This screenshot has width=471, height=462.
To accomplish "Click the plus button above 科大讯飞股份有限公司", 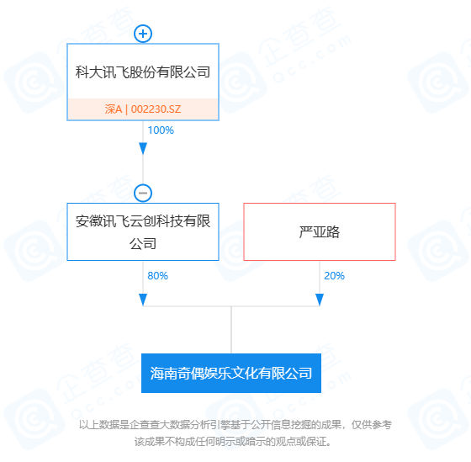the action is (143, 34).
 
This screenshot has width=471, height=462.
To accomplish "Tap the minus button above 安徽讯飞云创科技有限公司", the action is (143, 193).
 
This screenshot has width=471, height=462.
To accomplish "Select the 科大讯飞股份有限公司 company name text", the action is (143, 72).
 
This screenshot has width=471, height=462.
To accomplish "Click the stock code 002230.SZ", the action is (156, 109).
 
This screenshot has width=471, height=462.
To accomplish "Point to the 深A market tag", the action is (114, 109).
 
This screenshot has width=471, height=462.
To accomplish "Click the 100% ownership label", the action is (161, 130).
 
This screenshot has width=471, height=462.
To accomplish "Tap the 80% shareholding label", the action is (158, 276).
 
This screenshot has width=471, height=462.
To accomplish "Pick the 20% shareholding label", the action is (335, 276).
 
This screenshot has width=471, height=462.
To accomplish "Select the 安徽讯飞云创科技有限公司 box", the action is (143, 231).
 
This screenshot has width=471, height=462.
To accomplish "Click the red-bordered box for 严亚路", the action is (320, 231).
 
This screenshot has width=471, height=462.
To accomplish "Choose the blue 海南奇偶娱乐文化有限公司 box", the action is (231, 373).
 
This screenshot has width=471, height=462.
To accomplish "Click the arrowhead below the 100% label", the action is (143, 149).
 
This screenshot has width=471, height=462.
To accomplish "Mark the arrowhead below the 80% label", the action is (143, 300).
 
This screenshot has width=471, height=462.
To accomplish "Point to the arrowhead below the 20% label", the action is (320, 300).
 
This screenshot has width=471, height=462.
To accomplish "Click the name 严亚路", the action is (320, 232).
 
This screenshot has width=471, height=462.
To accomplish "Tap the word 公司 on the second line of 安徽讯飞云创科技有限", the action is (143, 243).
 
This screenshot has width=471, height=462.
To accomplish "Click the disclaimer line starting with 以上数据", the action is (235, 425).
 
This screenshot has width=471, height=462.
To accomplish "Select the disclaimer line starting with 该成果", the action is (232, 442).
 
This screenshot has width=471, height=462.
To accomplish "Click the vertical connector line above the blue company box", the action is (231, 330).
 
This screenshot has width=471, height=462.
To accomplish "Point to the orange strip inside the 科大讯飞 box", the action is (143, 109).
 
